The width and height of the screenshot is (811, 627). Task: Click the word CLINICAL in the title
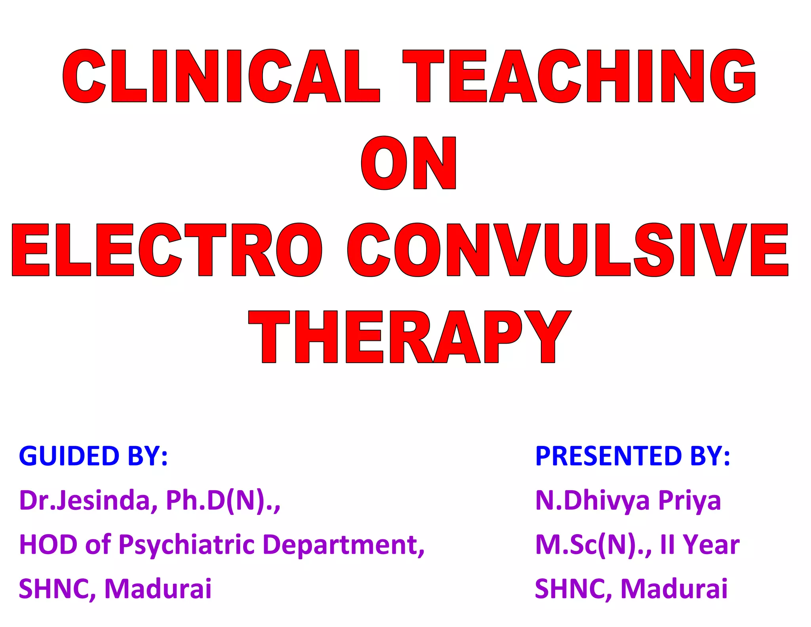(221, 76)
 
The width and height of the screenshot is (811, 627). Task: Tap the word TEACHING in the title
(579, 76)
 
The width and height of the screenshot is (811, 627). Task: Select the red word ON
(408, 163)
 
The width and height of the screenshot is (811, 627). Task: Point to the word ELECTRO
(167, 250)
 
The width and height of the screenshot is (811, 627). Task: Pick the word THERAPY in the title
(410, 337)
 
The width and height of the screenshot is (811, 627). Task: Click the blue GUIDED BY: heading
(93, 456)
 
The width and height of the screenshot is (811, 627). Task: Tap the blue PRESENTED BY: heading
(632, 456)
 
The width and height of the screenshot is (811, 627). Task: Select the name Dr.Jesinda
(84, 500)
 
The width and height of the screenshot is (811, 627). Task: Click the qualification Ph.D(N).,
(223, 500)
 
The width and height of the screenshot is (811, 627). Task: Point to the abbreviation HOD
(48, 544)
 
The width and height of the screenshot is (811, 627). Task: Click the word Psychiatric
(187, 545)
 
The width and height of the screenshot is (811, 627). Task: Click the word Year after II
(711, 544)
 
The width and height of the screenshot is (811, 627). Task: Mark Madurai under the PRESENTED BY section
(674, 589)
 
